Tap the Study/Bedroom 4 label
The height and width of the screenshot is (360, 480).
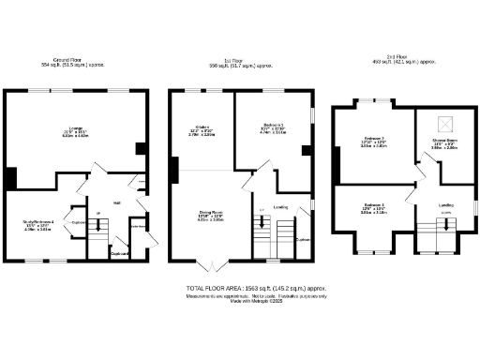coord(37,221)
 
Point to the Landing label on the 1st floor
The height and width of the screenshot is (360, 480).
coord(279,207)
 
